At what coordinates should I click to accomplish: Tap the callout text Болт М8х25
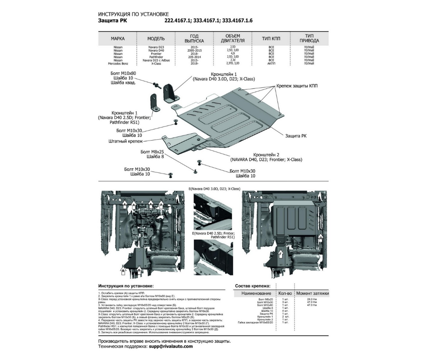152,152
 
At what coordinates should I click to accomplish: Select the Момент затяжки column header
313,293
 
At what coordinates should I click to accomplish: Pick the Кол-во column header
285,293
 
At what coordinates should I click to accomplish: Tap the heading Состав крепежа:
253,286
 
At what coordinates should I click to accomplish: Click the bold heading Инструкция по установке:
126,286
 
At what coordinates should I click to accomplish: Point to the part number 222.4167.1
178,20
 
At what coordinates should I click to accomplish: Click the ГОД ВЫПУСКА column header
194,38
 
